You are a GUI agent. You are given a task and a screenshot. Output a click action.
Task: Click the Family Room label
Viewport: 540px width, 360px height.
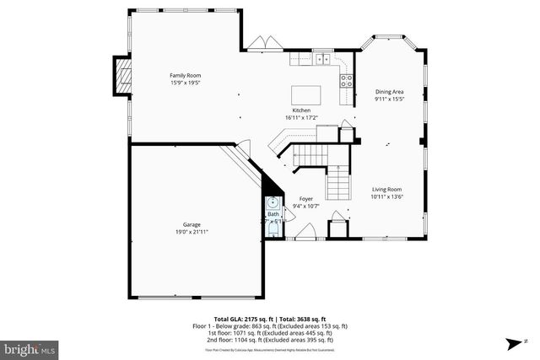tap(186, 76)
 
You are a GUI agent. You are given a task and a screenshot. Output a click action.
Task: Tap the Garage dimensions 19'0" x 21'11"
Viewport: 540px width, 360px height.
tap(192, 232)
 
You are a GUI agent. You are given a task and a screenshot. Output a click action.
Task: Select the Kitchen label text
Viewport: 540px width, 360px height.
tap(301, 110)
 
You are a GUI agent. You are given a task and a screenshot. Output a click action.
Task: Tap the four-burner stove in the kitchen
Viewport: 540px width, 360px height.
tap(345, 81)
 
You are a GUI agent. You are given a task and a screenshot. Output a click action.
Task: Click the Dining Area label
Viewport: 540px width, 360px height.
tap(390, 92)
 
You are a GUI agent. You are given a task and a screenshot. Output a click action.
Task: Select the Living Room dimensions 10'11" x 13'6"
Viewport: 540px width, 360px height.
tap(387, 196)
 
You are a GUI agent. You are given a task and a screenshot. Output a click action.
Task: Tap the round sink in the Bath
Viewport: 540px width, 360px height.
tap(273, 203)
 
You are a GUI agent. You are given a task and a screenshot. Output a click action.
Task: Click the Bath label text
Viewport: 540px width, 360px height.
tap(273, 214)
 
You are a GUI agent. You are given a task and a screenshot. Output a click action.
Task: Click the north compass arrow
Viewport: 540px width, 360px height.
tap(513, 344)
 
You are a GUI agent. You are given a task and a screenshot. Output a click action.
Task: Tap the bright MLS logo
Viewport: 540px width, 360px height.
tap(30, 347)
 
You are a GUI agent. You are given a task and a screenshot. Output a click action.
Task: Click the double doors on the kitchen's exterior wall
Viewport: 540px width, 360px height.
tap(267, 43)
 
